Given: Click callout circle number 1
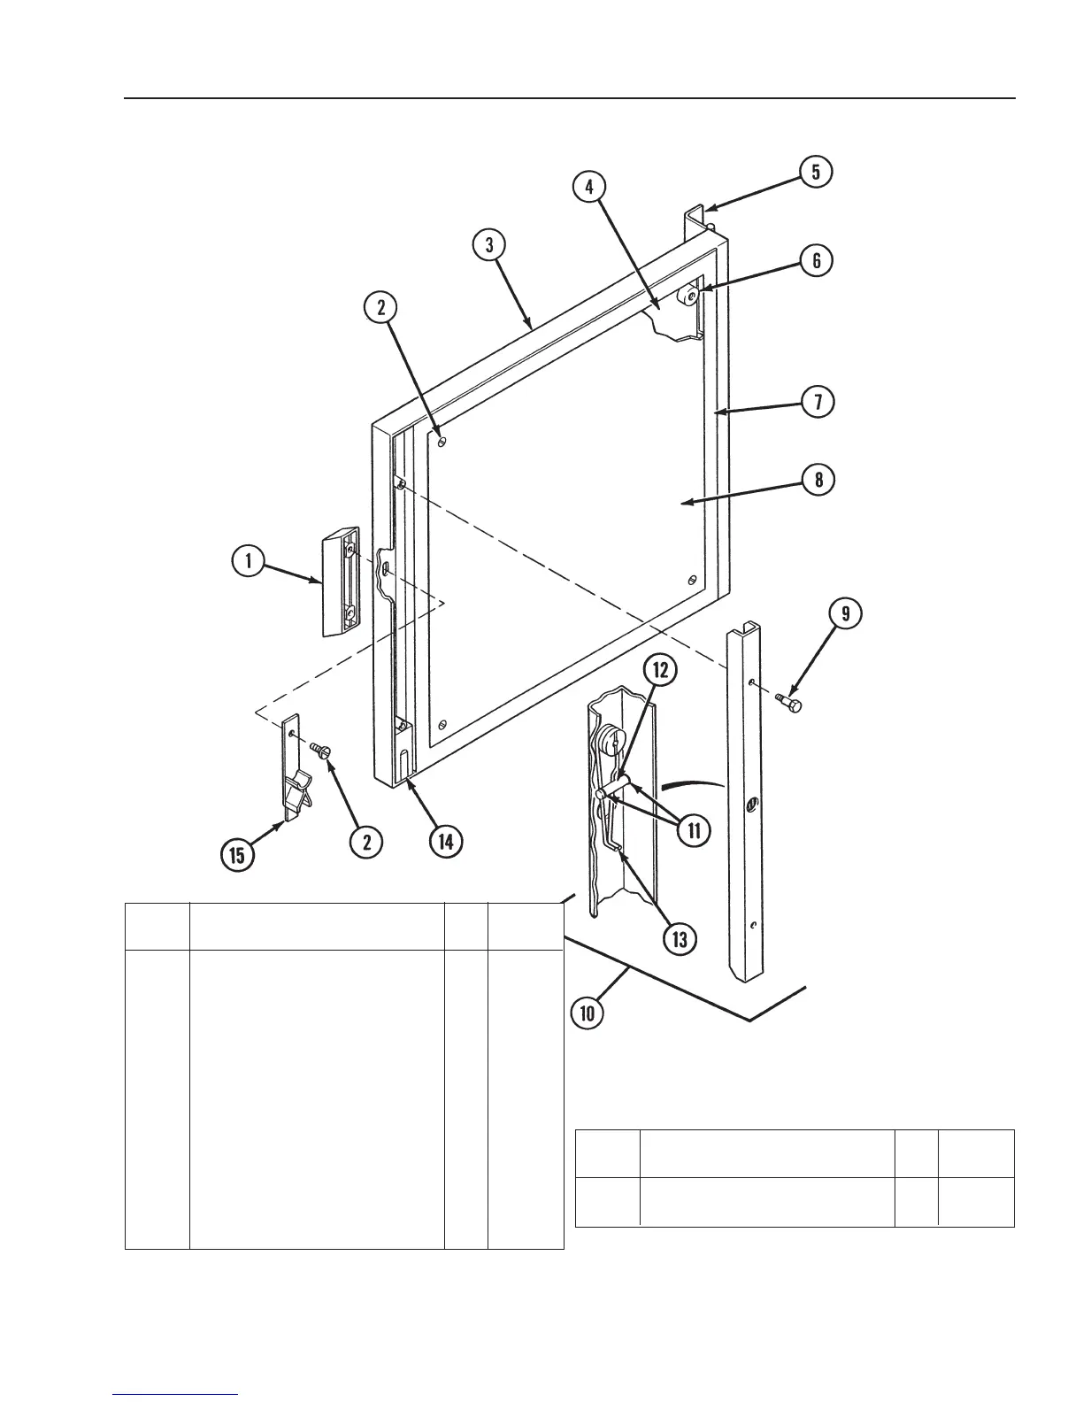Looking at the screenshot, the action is click(250, 561).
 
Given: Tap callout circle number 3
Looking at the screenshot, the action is click(488, 244).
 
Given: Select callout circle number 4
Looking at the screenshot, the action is click(588, 187).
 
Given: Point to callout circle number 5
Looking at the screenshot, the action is click(815, 172).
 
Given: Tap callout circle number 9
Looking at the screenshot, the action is click(845, 615).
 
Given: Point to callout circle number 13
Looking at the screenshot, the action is click(679, 939).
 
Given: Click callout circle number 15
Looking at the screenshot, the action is click(238, 856).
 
